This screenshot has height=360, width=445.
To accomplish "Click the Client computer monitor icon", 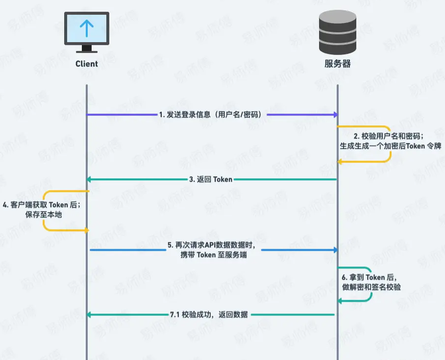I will point(87,30).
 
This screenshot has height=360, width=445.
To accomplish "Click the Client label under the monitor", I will point(87,64).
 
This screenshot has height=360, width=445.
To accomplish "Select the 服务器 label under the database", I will point(338,64).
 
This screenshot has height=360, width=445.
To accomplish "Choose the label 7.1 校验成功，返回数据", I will point(209,314).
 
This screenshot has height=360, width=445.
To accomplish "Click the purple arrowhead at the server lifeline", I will point(336,115).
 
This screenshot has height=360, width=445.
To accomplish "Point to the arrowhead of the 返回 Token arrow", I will point(89,179).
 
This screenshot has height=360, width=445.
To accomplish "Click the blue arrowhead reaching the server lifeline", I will point(336,250).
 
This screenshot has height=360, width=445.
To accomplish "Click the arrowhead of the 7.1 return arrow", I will point(89,314).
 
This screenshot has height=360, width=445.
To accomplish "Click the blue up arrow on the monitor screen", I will point(87,28).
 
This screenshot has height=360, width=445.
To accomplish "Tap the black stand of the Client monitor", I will point(87,48).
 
